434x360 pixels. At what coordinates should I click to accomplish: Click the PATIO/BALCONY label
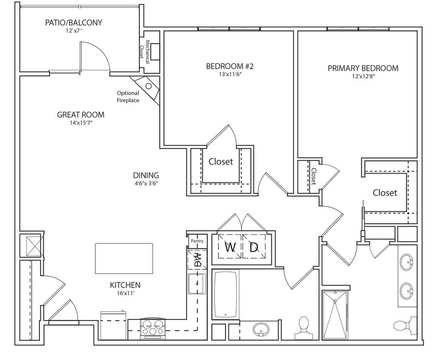tap(74, 22)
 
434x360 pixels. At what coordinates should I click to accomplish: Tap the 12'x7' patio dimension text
tap(74, 30)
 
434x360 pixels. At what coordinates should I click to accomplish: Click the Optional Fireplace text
tap(128, 97)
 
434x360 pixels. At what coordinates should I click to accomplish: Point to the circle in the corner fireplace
tap(149, 86)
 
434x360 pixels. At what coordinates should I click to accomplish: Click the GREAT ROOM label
tap(81, 115)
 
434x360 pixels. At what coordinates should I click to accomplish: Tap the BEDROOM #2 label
tap(230, 66)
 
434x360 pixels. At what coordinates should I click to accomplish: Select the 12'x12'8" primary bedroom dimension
tap(363, 76)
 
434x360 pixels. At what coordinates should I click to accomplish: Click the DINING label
tap(146, 175)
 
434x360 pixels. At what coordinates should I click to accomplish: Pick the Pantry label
tap(197, 241)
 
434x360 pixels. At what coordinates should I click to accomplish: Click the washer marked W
tap(229, 247)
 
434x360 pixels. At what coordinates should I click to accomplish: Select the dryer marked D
tap(254, 247)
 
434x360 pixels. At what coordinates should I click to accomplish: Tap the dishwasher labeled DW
tap(197, 260)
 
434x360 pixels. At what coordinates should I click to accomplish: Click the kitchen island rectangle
tap(124, 258)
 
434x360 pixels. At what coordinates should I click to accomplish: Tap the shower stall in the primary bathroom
tap(335, 314)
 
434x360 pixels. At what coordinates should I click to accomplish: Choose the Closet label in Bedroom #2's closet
tap(220, 161)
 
